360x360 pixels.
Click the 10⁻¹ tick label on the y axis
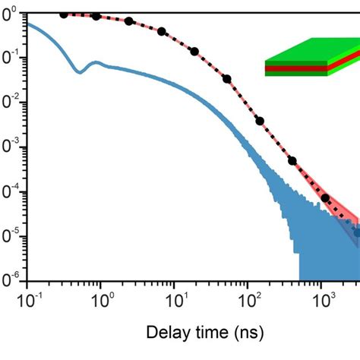coord(11,59)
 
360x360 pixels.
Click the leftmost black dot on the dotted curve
coord(64,14)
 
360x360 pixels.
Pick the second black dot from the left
coord(96,16)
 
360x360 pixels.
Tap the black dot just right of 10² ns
coord(260,121)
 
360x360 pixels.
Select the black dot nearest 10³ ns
coord(326,198)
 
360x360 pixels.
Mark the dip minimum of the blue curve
coord(79,71)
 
